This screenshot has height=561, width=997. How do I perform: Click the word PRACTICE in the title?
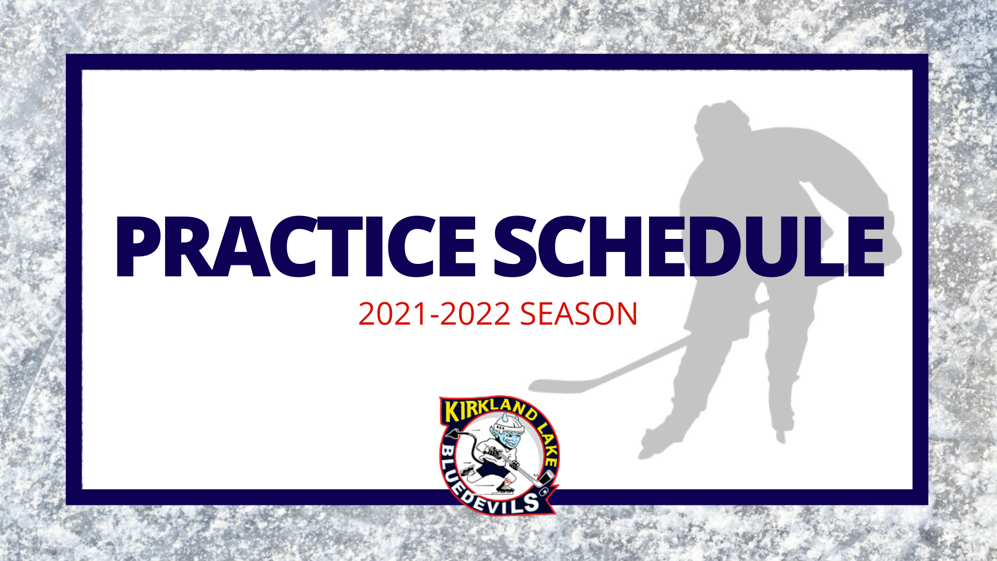pos(295,247)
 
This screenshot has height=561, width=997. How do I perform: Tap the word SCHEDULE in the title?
pos(689,247)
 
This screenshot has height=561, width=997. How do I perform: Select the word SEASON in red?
pos(578,314)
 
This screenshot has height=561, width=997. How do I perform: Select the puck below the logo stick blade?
pos(544,491)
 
